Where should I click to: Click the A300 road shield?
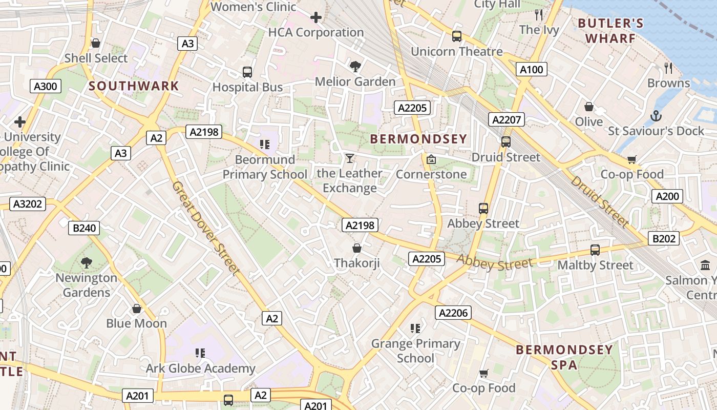click(45, 86)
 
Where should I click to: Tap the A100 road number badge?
click(531, 69)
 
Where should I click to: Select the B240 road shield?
click(84, 228)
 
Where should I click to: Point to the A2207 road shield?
click(506, 120)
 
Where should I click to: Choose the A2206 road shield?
click(453, 313)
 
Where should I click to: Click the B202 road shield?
click(664, 238)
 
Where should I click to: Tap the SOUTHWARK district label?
click(134, 86)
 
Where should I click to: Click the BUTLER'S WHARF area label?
click(610, 31)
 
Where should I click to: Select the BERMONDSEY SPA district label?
click(564, 357)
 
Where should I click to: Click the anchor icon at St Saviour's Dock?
click(656, 116)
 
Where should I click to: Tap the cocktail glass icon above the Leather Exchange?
click(349, 158)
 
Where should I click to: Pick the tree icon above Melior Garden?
click(355, 66)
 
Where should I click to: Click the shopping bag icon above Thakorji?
click(357, 249)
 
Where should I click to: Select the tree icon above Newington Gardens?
click(87, 263)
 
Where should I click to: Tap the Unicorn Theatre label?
click(457, 52)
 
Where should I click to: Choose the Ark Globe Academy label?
click(200, 368)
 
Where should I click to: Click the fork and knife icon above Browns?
click(668, 68)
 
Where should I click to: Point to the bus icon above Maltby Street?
click(595, 250)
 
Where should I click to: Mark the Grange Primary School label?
click(415, 351)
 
